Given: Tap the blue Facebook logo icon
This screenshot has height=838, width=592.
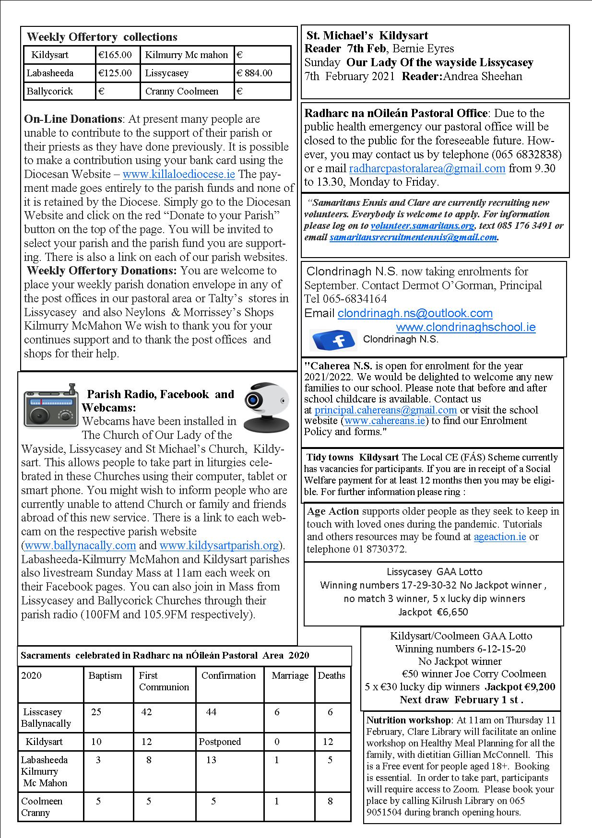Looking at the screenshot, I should tap(333, 340).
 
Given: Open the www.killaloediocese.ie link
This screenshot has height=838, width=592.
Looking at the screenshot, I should tap(178, 174).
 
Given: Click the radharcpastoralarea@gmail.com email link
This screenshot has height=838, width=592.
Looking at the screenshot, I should tap(427, 168).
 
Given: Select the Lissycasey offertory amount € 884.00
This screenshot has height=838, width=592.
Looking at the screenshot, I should tap(255, 73).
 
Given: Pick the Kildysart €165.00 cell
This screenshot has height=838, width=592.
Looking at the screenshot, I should tap(115, 55).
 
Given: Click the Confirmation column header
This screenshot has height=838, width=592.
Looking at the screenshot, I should tap(228, 675).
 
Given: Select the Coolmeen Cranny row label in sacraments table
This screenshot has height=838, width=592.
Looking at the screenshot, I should tap(42, 807).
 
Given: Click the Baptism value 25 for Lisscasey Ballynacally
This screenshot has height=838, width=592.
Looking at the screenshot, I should tap(96, 712).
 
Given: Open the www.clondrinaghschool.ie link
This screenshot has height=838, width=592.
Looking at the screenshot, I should tap(465, 328).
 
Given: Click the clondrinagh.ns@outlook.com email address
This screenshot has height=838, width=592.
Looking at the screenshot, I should tap(415, 314).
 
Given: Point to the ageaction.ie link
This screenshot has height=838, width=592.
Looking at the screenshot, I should tap(500, 537).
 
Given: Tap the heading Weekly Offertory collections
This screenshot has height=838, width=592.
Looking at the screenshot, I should tap(102, 37).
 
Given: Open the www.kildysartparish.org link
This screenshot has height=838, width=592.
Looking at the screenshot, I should tap(219, 546).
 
